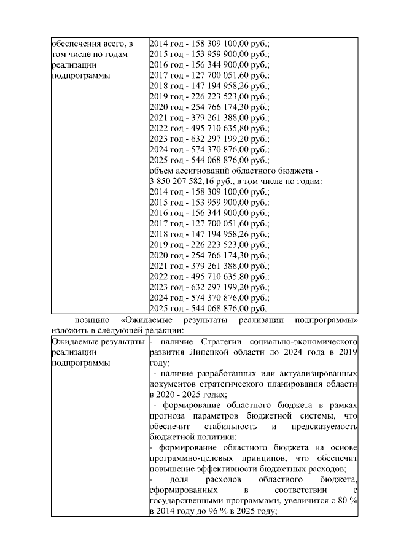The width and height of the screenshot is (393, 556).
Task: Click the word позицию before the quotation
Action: (x=92, y=320)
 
